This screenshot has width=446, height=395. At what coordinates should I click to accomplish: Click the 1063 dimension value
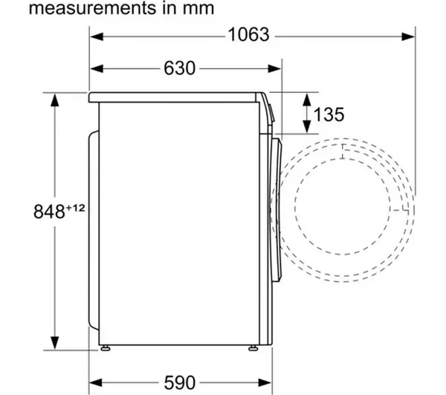[x=248, y=35]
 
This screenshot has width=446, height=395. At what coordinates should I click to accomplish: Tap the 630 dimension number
[x=179, y=68]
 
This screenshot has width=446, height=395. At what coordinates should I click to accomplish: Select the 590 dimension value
[x=179, y=382]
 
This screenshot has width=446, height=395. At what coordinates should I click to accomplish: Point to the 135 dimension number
[x=329, y=114]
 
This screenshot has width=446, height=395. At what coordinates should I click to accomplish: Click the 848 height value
[x=49, y=212]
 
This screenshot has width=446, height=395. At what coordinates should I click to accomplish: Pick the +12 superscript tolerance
[x=75, y=209]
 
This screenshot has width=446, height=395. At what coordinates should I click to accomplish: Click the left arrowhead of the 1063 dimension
[x=97, y=36]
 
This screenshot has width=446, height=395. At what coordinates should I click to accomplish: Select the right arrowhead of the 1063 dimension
[x=408, y=36]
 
